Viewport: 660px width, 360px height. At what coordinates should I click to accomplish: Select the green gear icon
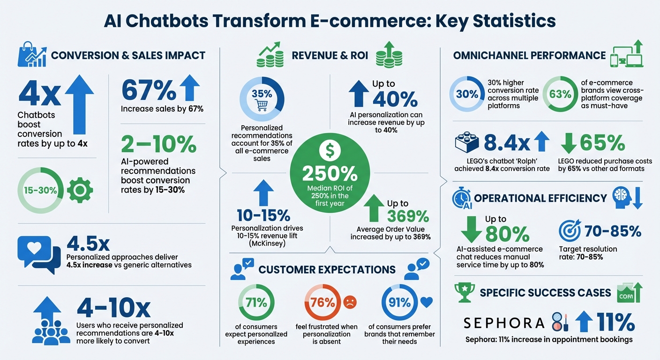(x=80, y=190)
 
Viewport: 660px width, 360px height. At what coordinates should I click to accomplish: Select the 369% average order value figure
(x=407, y=216)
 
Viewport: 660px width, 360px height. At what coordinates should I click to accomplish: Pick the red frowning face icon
(x=350, y=302)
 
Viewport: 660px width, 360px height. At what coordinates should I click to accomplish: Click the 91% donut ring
(x=399, y=302)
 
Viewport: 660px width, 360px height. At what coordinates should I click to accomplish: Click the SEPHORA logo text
(x=504, y=322)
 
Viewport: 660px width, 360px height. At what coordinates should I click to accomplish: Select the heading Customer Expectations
(x=327, y=270)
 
